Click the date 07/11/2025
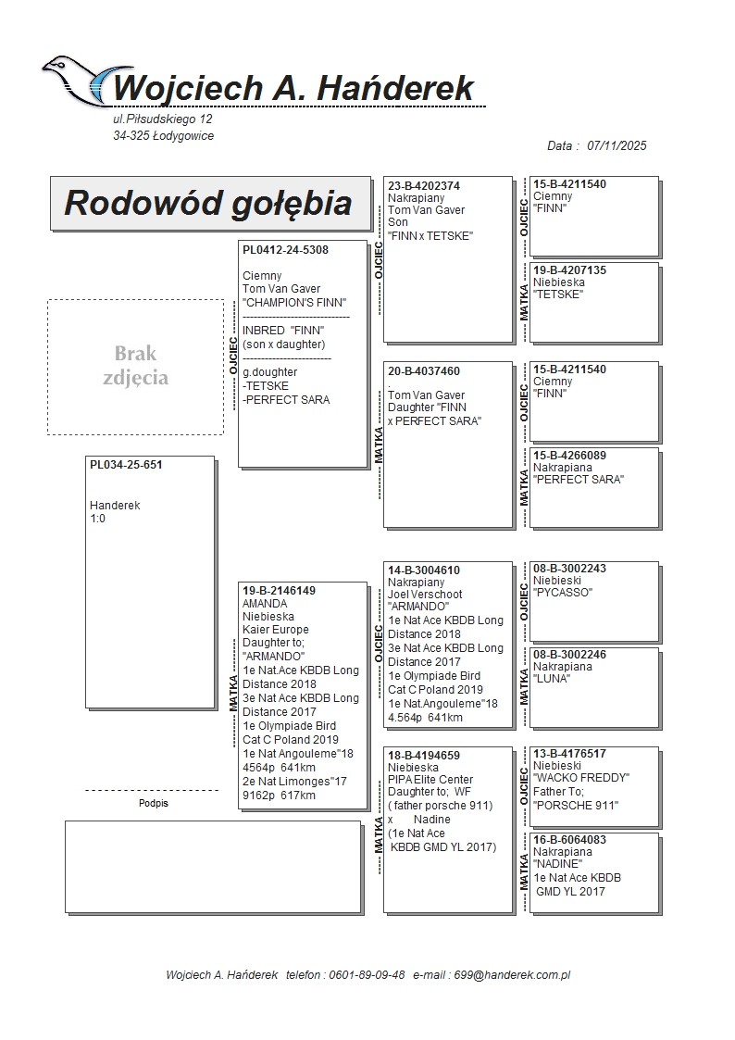pyautogui.click(x=617, y=145)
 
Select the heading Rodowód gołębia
pyautogui.click(x=207, y=203)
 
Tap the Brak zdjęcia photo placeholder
pyautogui.click(x=135, y=367)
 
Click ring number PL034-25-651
pyautogui.click(x=126, y=465)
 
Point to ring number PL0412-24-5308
pyautogui.click(x=285, y=250)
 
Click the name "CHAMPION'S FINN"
pyautogui.click(x=294, y=303)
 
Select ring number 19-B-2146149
pyautogui.click(x=279, y=591)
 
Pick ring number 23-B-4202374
pyautogui.click(x=424, y=186)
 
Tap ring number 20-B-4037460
pyautogui.click(x=424, y=371)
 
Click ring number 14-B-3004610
pyautogui.click(x=424, y=570)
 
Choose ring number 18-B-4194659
pyautogui.click(x=424, y=756)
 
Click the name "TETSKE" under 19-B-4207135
pyautogui.click(x=558, y=294)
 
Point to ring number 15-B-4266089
pyautogui.click(x=569, y=456)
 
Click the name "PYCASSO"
pyautogui.click(x=563, y=593)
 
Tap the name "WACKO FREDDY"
pyautogui.click(x=581, y=778)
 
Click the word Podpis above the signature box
pyautogui.click(x=154, y=803)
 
